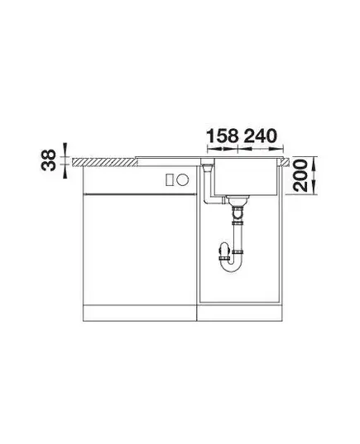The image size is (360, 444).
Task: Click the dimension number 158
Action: [x=223, y=136]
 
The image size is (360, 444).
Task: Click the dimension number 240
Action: [x=260, y=136]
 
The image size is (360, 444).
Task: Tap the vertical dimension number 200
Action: [x=300, y=175]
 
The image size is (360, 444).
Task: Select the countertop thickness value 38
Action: [x=49, y=160]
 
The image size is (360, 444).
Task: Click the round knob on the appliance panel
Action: [x=183, y=179]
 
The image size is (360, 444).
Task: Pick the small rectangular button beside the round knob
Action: [x=169, y=179]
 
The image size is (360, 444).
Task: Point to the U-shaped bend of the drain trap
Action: [x=230, y=264]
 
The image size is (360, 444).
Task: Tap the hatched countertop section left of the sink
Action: [x=105, y=163]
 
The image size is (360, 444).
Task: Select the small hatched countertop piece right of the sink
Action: [x=286, y=162]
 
